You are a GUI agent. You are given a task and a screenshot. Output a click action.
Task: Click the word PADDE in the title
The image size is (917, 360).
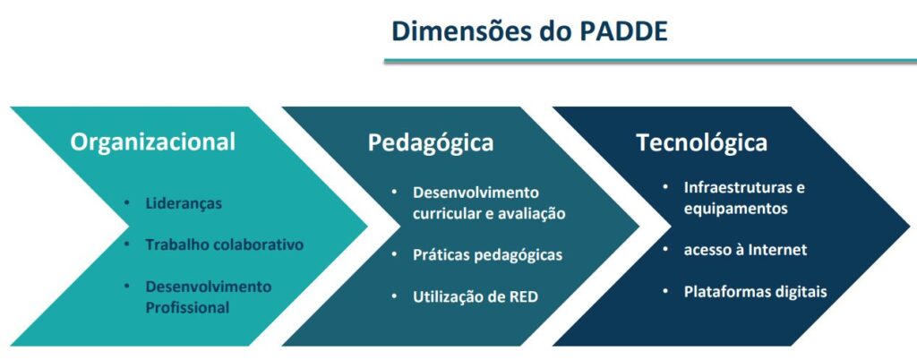623,31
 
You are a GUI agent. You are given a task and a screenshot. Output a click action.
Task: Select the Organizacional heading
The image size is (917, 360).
152,142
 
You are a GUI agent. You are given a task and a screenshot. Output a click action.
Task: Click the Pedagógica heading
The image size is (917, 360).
431,143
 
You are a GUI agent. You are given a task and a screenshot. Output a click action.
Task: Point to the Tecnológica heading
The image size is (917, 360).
702,142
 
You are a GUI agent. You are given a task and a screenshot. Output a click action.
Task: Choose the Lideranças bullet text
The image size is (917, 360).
184,203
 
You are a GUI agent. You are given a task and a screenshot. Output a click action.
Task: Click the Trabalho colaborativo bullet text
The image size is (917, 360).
225,244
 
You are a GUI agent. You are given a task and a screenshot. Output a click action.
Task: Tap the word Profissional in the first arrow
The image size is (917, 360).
187,307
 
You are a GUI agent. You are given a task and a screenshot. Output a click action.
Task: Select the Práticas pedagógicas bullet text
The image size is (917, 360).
488,255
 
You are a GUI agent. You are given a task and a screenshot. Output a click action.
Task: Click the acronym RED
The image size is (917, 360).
522,297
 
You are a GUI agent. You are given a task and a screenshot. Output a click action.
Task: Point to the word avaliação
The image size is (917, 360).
533,214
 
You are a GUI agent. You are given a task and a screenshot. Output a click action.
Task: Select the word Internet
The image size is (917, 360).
778,250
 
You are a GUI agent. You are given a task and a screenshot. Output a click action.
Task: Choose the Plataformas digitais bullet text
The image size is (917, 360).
756,292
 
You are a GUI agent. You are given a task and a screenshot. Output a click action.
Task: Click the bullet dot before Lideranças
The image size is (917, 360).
127,203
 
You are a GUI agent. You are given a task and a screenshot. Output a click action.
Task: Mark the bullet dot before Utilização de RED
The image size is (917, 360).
395,296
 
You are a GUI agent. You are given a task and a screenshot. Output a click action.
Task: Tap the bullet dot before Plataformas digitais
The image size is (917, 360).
665,291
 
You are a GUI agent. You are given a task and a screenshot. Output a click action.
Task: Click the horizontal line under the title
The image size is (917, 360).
650,61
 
